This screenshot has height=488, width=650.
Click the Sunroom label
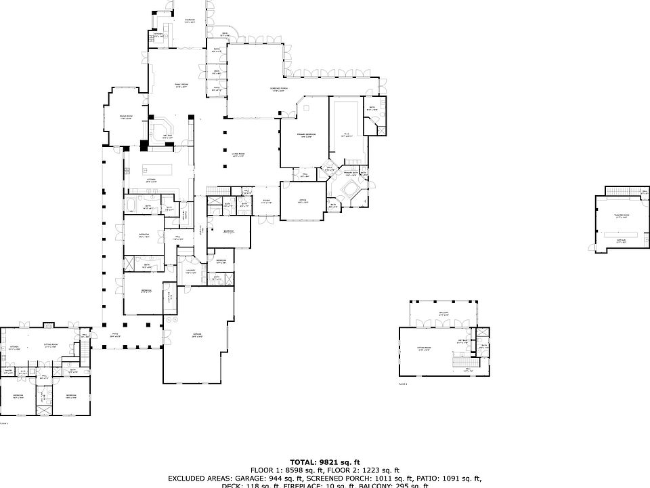(190, 20)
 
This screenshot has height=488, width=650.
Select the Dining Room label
(125, 117)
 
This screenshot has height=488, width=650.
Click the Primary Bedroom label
(306, 135)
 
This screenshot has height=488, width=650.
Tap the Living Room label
(237, 155)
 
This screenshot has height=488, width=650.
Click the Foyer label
(267, 201)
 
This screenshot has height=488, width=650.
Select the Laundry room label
(190, 271)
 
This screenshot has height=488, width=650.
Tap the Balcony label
(444, 314)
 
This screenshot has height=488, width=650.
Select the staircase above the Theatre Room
(622, 190)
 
